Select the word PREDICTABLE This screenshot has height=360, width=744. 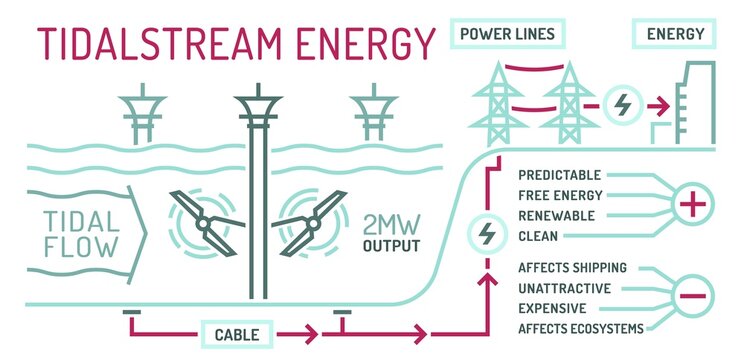click(561, 174)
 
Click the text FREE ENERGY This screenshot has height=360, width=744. click(561, 195)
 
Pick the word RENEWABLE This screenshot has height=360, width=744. click(557, 215)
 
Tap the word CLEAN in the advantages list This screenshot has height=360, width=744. click(539, 236)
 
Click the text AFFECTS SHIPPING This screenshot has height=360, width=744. click(573, 268)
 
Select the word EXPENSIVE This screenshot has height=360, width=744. click(554, 308)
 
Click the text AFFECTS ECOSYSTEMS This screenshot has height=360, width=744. click(581, 329)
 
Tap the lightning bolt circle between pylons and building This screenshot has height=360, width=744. click(621, 103)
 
